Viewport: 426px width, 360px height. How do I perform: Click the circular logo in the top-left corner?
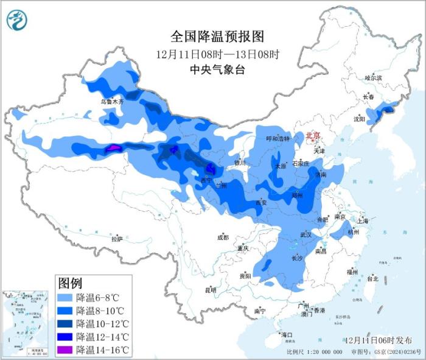tap(18, 20)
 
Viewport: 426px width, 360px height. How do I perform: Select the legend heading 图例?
tap(70, 283)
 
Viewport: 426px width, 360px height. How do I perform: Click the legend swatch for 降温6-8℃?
tap(65, 298)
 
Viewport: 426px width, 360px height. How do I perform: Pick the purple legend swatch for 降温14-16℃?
tap(65, 350)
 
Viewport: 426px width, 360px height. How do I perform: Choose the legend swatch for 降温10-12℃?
tap(65, 324)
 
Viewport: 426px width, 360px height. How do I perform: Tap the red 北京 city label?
tap(312, 135)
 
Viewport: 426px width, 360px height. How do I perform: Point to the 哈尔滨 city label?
tap(372, 78)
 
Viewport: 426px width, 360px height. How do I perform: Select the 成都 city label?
tap(222, 237)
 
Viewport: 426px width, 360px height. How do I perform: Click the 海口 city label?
tap(286, 335)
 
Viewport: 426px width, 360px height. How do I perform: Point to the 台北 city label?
tap(372, 279)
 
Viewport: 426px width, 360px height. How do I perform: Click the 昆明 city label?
tap(210, 289)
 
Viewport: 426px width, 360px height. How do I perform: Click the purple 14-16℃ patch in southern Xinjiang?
tap(114, 148)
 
